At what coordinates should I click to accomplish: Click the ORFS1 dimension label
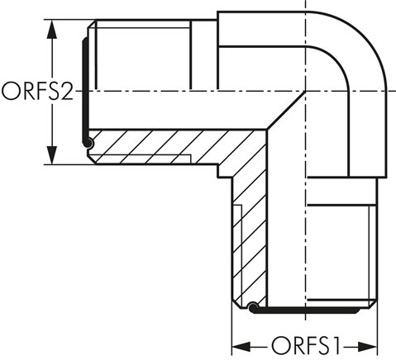pos(303,344)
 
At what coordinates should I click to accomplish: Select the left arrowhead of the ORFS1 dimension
pos(238,344)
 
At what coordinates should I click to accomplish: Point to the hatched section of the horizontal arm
pos(165,147)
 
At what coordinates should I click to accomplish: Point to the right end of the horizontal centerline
pos(392,91)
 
